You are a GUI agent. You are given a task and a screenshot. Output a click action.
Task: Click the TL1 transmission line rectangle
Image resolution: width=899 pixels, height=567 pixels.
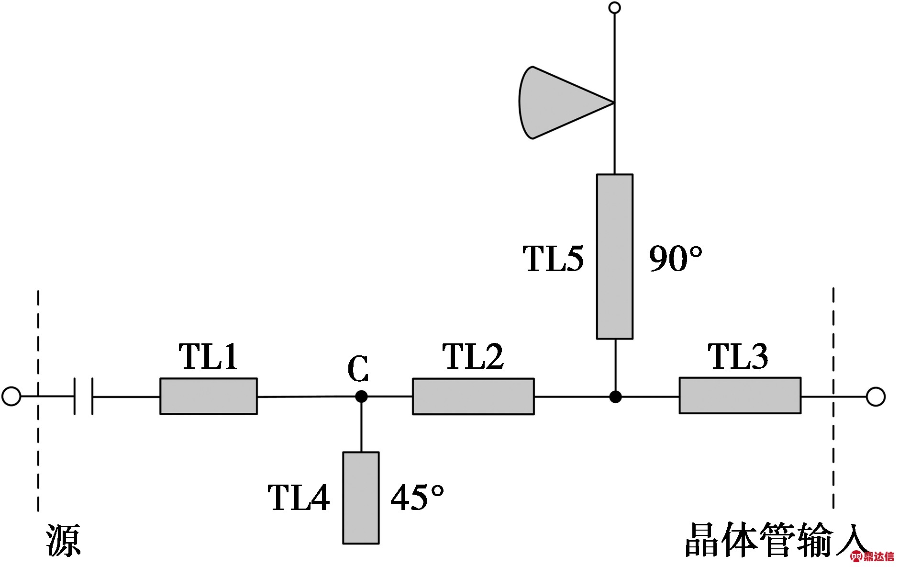point(208,396)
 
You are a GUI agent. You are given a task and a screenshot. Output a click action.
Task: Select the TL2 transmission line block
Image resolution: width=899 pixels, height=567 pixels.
point(473,396)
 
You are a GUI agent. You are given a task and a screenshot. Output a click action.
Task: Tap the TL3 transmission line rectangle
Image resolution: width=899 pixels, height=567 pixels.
point(740,396)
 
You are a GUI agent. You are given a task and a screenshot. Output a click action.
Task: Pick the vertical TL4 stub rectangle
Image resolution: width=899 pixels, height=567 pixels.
point(361,498)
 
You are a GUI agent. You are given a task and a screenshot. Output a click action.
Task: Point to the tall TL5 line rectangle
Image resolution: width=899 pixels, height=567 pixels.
point(614,257)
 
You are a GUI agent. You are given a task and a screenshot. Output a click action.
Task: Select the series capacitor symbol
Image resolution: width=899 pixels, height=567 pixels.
point(83,396)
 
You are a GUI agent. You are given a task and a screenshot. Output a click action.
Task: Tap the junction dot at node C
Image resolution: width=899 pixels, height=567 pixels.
point(361,397)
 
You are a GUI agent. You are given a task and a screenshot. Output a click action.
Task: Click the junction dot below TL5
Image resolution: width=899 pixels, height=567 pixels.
point(615,397)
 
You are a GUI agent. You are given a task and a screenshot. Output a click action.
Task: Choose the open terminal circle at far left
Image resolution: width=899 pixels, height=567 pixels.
point(11,397)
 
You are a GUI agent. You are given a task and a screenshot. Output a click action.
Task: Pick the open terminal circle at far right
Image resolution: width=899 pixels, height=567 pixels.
point(876,397)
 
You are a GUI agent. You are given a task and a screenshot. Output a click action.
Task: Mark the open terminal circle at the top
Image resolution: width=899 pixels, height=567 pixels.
point(615,8)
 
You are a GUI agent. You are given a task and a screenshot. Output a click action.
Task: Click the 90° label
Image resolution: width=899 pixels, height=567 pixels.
point(675,259)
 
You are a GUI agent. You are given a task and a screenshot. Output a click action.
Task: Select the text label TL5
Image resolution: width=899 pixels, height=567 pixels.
point(553,259)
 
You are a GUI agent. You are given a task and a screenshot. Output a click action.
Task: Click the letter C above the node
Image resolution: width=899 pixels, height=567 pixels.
point(358,369)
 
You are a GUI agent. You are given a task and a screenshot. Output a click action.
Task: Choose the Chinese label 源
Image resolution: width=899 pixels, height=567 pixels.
point(63,540)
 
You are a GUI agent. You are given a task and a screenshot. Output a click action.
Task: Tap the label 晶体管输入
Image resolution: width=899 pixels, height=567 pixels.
point(775,540)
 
